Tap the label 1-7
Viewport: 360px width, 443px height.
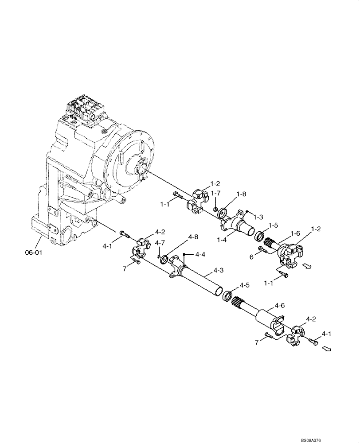point(216,193)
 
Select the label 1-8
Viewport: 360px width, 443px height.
point(241,194)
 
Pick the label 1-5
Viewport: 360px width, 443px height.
point(273,225)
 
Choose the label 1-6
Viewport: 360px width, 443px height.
point(295,233)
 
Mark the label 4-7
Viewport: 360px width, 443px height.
point(160,242)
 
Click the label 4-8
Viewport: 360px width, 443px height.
point(193,237)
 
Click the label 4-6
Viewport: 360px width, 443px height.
point(279,305)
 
